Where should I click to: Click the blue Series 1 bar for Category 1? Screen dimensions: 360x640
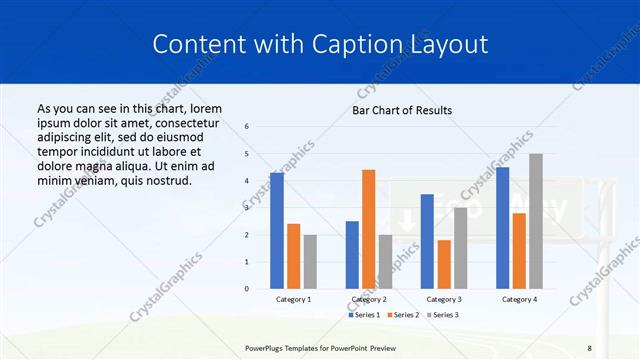pyautogui.click(x=277, y=231)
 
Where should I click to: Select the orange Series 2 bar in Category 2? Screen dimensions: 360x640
pyautogui.click(x=369, y=229)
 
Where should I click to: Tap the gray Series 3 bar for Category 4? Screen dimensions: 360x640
pyautogui.click(x=536, y=221)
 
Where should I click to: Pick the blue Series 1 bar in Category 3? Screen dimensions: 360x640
pyautogui.click(x=427, y=241)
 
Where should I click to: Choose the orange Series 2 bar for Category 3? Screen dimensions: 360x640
pyautogui.click(x=444, y=264)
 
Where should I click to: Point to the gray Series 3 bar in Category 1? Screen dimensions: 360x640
pyautogui.click(x=310, y=261)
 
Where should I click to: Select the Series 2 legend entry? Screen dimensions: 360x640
pyautogui.click(x=405, y=315)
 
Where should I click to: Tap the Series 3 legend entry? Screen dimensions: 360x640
pyautogui.click(x=443, y=315)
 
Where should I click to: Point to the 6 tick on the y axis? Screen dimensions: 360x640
pyautogui.click(x=247, y=127)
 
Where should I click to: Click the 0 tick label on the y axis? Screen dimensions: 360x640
pyautogui.click(x=247, y=289)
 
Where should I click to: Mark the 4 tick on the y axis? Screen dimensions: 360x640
pyautogui.click(x=247, y=181)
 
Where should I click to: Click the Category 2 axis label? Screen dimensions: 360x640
pyautogui.click(x=369, y=299)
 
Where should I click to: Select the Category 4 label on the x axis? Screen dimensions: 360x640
pyautogui.click(x=519, y=299)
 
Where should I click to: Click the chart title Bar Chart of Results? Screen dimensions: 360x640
pyautogui.click(x=402, y=110)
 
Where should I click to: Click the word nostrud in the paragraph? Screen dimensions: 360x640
pyautogui.click(x=166, y=180)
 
